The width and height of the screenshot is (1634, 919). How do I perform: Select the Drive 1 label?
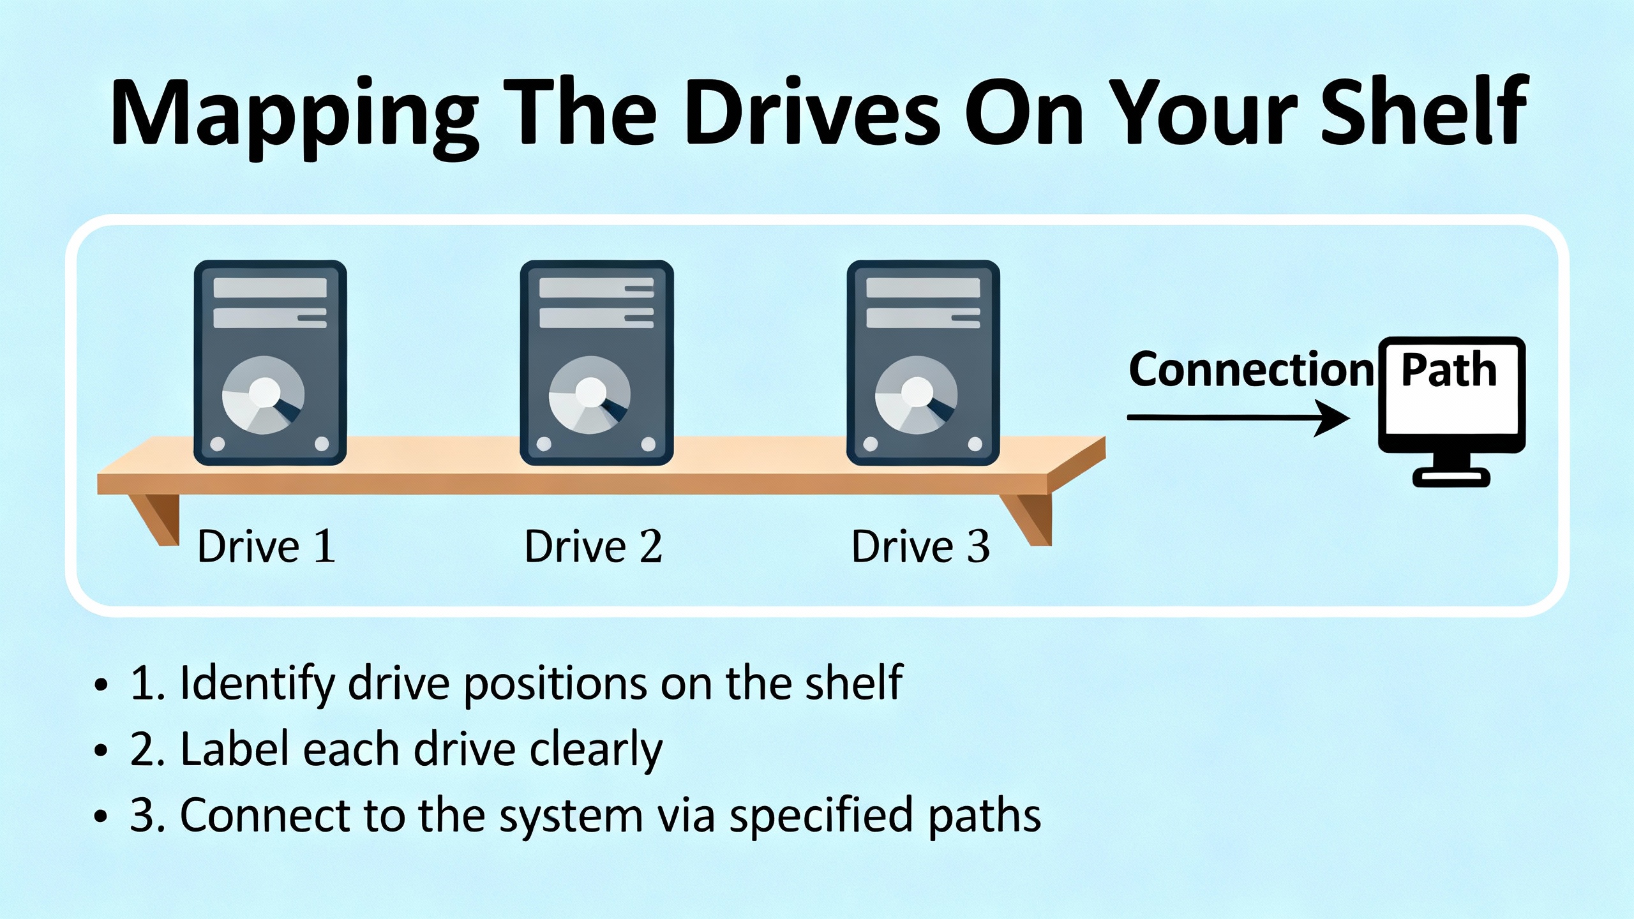click(266, 546)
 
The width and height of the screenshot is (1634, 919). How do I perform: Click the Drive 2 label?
click(593, 546)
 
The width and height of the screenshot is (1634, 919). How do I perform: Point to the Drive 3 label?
click(920, 546)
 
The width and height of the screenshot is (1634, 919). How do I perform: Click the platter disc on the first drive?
click(264, 395)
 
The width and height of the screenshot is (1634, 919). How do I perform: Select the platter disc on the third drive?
click(917, 395)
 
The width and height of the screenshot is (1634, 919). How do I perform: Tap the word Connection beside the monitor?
click(1251, 370)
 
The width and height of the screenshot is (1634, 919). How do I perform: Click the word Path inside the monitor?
click(1449, 370)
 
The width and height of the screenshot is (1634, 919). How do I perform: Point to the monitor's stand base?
click(1451, 477)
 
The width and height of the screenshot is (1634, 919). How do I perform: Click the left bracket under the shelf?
click(156, 518)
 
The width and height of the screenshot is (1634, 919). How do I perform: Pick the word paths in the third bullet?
click(984, 816)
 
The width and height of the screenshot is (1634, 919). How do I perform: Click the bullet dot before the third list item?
click(101, 816)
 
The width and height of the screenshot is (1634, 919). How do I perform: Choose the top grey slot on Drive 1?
click(270, 288)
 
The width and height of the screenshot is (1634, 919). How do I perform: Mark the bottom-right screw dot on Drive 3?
click(975, 444)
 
